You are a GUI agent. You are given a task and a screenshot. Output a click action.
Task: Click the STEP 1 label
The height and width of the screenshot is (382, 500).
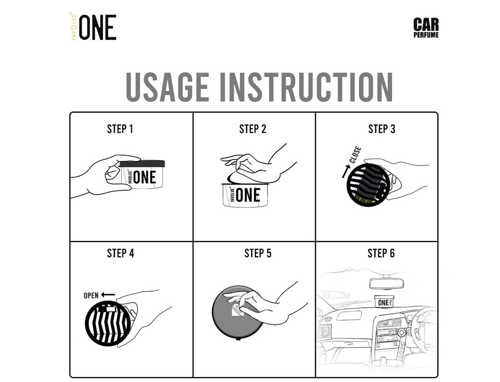tap(120, 129)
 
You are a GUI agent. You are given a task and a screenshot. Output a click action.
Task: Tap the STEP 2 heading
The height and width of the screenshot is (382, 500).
tap(252, 129)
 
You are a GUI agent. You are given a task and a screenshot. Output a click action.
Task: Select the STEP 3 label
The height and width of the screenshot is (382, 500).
tap(382, 129)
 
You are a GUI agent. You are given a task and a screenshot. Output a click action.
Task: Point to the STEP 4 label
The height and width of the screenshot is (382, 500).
tap(121, 253)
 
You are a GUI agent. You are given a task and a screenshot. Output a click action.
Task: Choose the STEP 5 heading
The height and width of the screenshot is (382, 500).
tap(258, 253)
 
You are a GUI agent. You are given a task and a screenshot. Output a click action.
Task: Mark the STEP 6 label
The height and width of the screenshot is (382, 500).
tap(381, 253)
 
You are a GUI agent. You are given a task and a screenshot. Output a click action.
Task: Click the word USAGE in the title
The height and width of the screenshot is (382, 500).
tap(167, 87)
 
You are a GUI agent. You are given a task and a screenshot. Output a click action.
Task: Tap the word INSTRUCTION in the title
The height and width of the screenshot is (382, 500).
tap(306, 87)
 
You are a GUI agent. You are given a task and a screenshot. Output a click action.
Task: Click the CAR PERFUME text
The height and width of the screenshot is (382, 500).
tap(426, 28)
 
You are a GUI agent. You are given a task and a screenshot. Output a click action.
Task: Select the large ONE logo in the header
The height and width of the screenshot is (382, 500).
tap(98, 27)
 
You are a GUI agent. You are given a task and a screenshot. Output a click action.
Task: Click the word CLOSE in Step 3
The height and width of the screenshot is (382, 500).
tap(355, 155)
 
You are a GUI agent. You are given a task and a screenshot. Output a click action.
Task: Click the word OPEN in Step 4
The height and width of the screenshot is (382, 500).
tap(91, 295)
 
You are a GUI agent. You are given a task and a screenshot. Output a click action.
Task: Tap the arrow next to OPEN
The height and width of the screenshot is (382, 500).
tap(108, 295)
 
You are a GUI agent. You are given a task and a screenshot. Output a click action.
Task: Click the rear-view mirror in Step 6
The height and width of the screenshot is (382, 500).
tap(387, 283)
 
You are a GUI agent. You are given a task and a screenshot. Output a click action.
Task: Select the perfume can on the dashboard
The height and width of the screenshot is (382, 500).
tap(384, 301)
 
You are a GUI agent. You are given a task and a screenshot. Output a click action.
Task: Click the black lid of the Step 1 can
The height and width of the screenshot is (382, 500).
tap(142, 164)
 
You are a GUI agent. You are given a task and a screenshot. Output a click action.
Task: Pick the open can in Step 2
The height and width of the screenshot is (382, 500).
tap(245, 195)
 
